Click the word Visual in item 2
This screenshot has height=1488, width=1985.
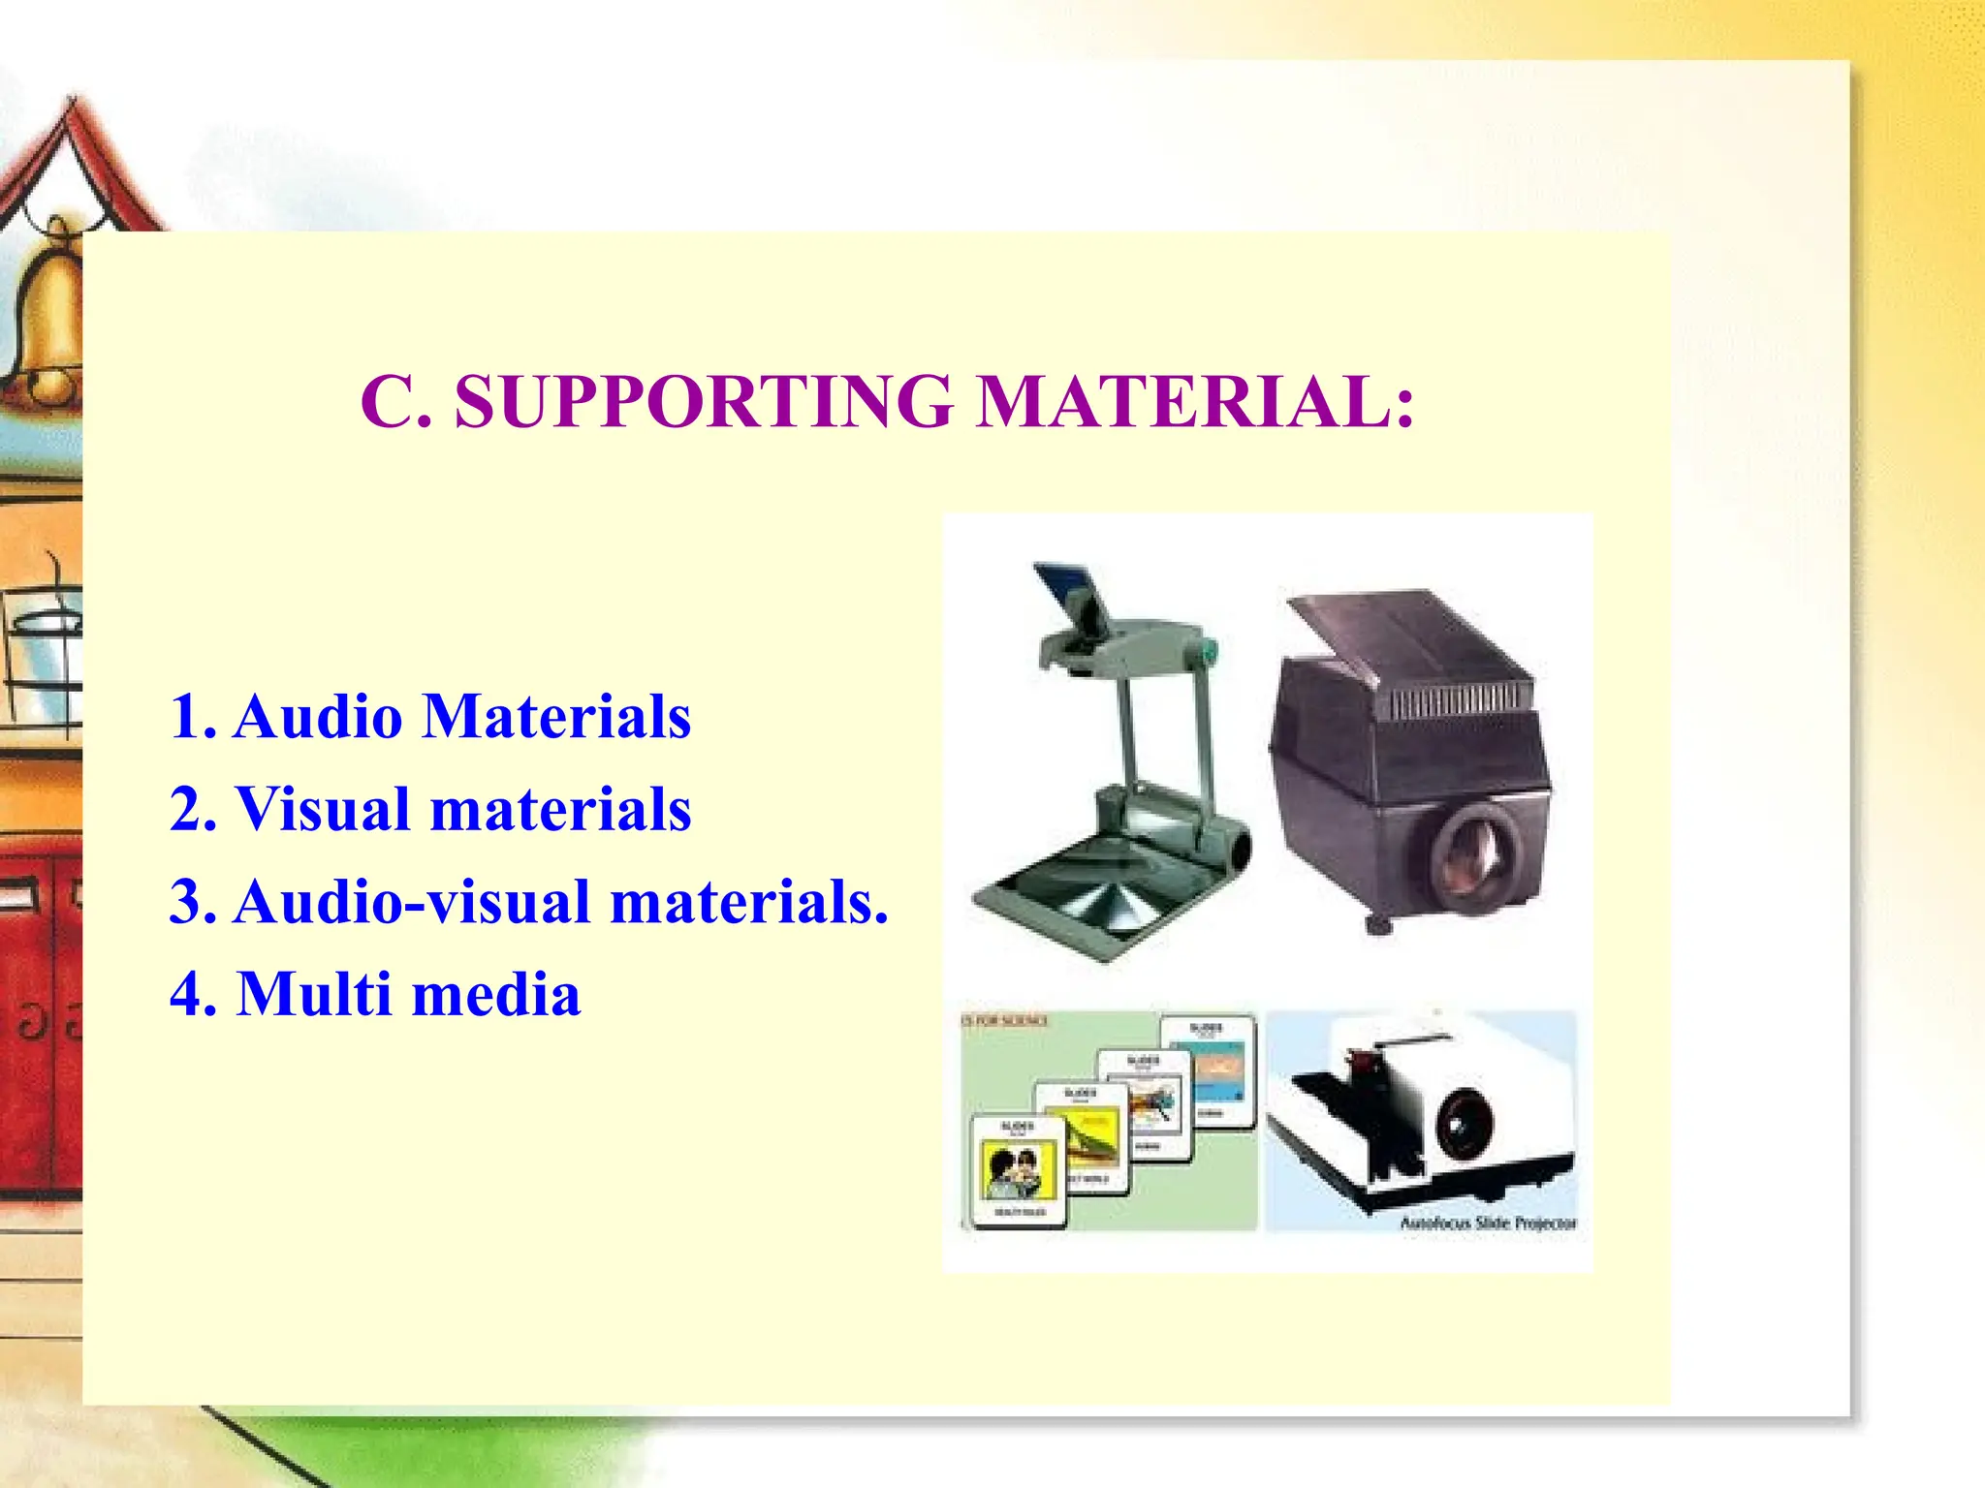click(x=324, y=809)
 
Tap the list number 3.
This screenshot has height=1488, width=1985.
click(x=189, y=902)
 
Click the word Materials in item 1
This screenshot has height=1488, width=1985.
click(x=557, y=717)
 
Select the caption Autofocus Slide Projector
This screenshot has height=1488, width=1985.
click(x=1488, y=1224)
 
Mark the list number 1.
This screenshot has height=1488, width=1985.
click(x=189, y=717)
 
